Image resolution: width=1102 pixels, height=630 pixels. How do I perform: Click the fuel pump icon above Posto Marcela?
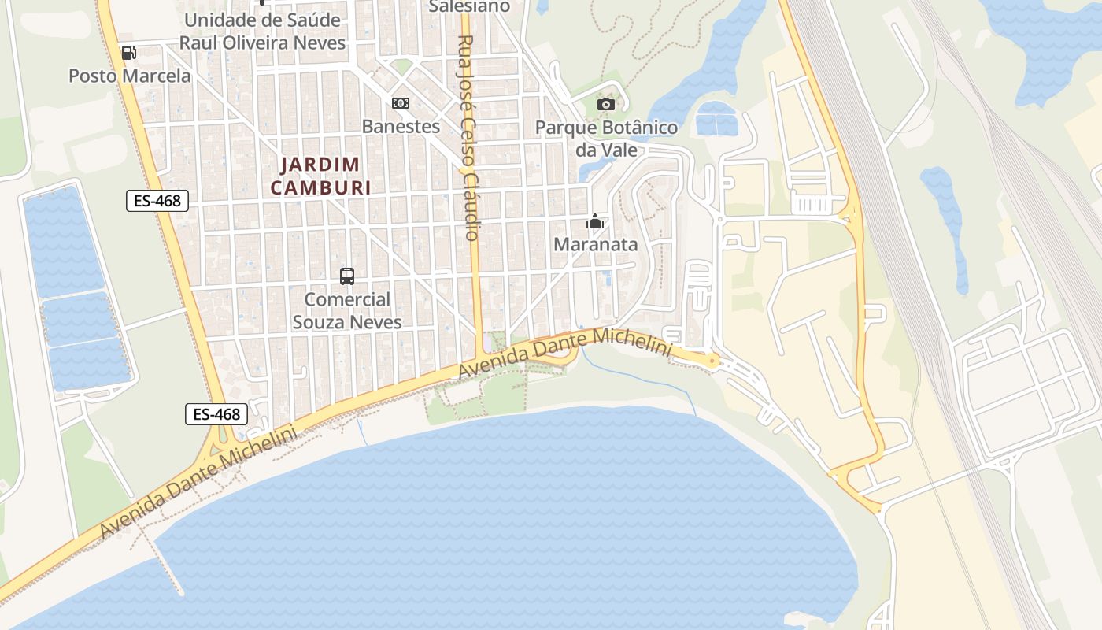click(x=128, y=53)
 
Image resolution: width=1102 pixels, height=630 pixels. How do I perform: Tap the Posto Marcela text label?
click(x=130, y=76)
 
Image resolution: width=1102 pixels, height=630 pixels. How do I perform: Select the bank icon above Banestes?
click(x=401, y=103)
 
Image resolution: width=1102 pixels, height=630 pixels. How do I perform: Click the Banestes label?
click(x=401, y=126)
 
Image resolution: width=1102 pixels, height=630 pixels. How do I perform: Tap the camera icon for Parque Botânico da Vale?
click(x=605, y=105)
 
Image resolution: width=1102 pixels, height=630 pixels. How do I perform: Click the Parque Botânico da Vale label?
click(x=606, y=139)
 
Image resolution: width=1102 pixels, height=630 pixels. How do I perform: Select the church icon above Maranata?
click(x=595, y=221)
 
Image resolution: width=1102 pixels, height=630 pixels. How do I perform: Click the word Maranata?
click(x=595, y=245)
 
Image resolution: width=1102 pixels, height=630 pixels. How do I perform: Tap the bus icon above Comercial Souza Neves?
click(x=347, y=276)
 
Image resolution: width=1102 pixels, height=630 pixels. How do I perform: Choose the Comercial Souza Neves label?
click(x=347, y=311)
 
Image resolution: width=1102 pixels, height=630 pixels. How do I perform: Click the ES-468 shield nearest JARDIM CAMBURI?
click(x=157, y=201)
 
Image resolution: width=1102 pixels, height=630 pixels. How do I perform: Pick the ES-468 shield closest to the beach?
click(x=216, y=414)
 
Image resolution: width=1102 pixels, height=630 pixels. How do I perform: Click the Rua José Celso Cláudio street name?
click(x=469, y=138)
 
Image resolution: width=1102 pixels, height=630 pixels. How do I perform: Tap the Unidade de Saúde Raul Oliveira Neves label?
click(x=262, y=31)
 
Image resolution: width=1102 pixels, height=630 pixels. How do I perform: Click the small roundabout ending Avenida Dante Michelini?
click(x=712, y=361)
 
